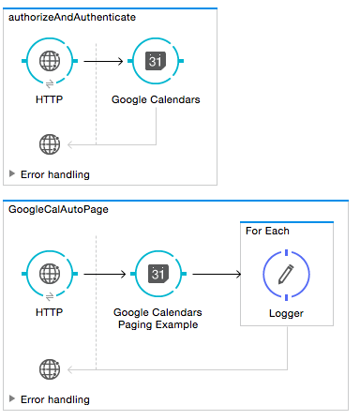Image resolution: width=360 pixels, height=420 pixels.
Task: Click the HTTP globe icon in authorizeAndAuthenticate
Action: (49, 63)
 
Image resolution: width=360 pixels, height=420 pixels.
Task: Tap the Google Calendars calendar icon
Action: (156, 63)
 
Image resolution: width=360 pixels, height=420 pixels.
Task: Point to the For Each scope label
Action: (267, 231)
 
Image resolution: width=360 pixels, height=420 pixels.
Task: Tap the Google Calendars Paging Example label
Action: (157, 319)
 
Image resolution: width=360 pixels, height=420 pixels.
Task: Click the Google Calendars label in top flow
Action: (156, 99)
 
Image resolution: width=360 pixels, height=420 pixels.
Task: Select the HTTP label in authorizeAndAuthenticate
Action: (49, 99)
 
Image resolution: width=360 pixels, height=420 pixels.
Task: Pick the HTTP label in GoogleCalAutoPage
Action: (49, 312)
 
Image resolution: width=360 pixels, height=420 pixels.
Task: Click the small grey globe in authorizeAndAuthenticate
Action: (49, 144)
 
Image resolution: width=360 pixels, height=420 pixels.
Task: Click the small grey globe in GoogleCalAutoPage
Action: (49, 368)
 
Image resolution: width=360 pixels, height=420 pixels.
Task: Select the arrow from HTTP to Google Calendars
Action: (102, 63)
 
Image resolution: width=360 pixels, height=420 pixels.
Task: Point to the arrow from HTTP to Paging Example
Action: (103, 275)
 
